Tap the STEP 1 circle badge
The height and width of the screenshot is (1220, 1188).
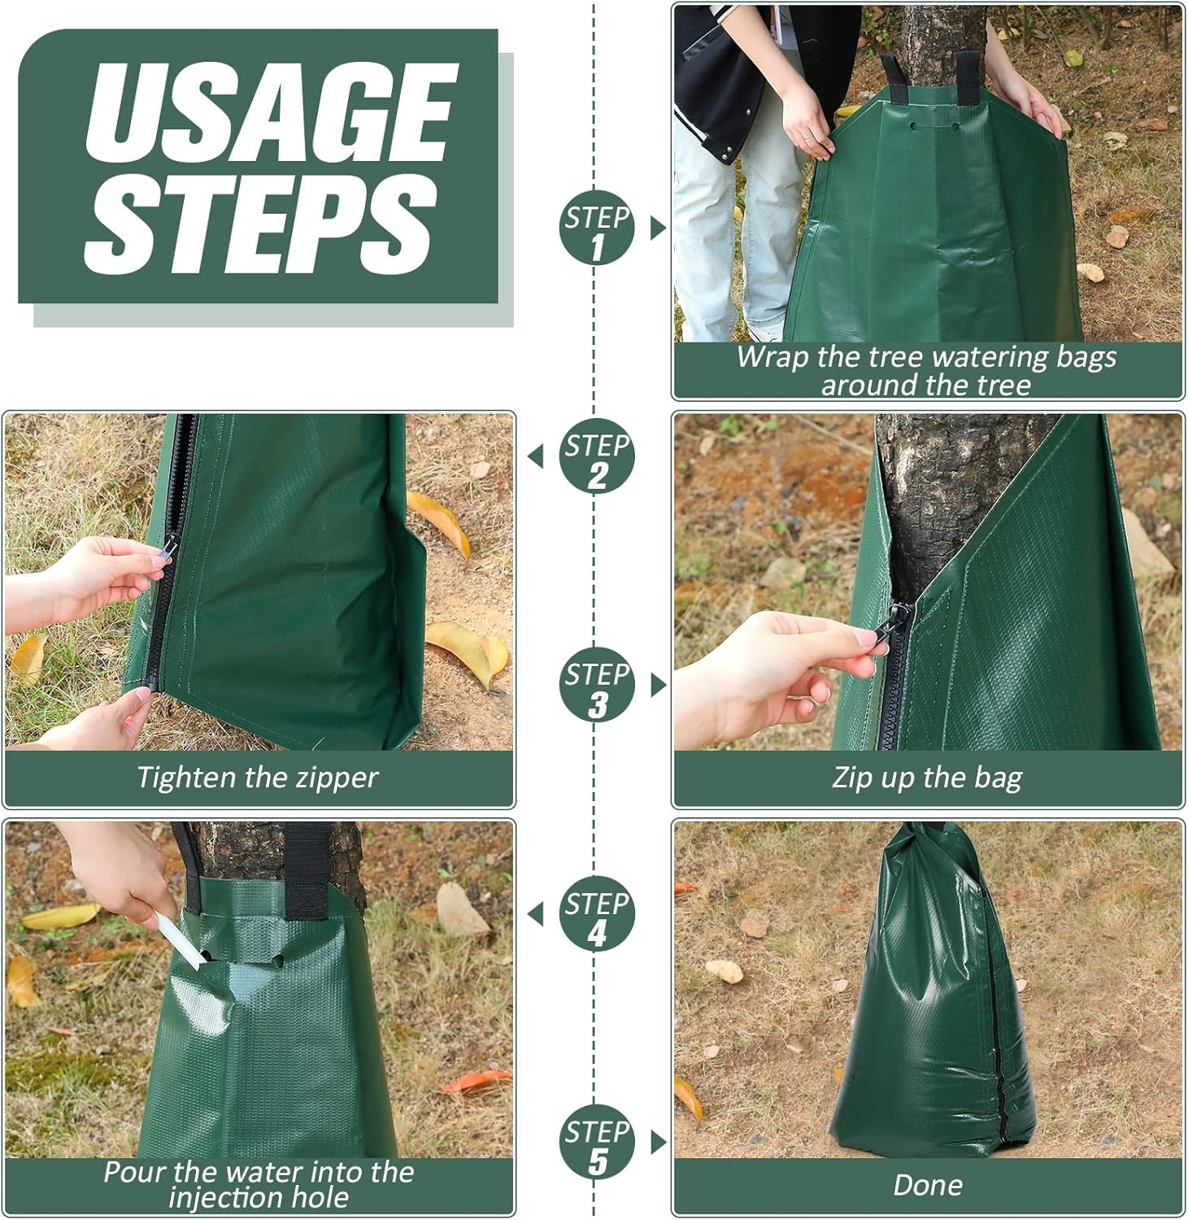point(597,228)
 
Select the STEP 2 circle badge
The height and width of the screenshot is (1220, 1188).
point(597,456)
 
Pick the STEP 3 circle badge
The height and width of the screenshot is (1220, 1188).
point(597,685)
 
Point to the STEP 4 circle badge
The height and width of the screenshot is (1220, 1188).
point(597,914)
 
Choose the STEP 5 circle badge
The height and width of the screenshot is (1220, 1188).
point(597,1143)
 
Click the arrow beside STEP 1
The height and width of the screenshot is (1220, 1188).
point(659,229)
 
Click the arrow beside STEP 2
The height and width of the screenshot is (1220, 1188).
point(535,457)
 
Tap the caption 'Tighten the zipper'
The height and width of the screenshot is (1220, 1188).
point(257,778)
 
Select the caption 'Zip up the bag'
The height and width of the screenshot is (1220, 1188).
point(927,778)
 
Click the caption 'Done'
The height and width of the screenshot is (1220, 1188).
point(927,1185)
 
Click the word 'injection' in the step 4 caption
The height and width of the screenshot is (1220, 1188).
point(227,1197)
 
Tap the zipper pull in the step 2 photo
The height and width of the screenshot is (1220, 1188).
point(168,548)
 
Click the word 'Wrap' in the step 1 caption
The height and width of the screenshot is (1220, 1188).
point(768,358)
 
